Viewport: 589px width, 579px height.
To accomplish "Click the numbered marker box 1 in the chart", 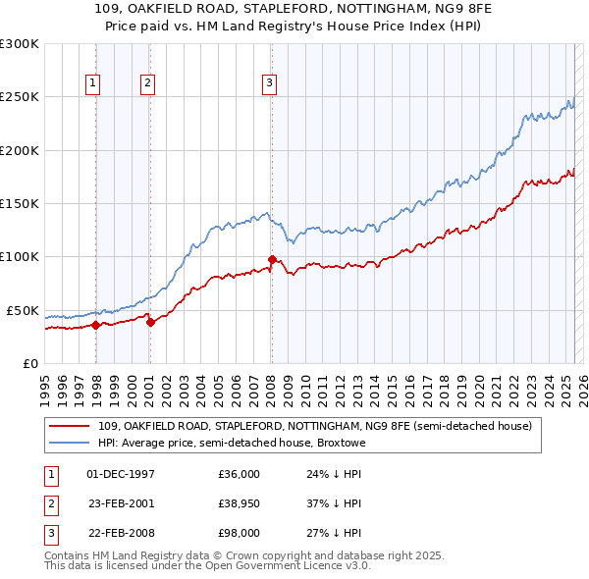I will point(93,84).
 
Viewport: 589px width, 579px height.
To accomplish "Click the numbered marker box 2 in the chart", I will point(147,84).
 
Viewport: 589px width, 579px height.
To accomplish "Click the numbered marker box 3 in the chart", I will point(269,84).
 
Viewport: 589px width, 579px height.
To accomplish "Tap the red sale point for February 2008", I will point(272,259).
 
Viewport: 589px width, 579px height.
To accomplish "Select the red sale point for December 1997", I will point(95,325).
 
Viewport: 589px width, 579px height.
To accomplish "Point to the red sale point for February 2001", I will point(150,322).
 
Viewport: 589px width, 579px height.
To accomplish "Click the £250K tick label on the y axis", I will point(20,97).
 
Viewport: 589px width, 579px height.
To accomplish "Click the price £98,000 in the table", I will point(239,533).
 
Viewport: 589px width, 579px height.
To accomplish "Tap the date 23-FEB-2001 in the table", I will point(121,503).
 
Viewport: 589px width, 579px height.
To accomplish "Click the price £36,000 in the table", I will point(239,474).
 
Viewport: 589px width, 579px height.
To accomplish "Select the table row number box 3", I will point(49,533).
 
